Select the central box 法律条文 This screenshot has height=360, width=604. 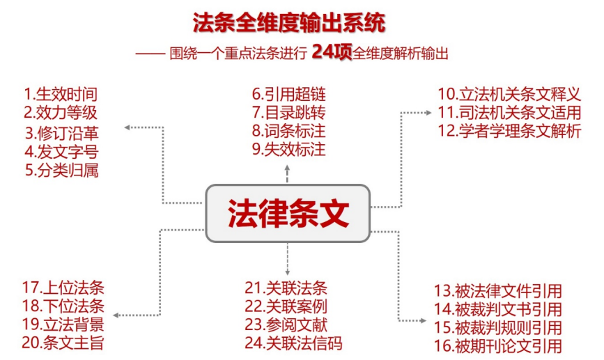(x=287, y=213)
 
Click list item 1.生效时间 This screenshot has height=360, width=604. (x=61, y=94)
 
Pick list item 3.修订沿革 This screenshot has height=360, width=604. (x=62, y=132)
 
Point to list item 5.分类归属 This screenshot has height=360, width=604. (x=62, y=169)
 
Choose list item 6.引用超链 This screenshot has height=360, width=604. (x=288, y=94)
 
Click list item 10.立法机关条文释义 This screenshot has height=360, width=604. (x=509, y=94)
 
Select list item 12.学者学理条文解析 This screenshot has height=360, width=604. (x=509, y=130)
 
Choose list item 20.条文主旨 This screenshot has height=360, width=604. (x=63, y=342)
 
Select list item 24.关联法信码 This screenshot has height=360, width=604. (x=293, y=342)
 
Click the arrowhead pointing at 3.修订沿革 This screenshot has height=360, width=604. (x=127, y=127)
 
